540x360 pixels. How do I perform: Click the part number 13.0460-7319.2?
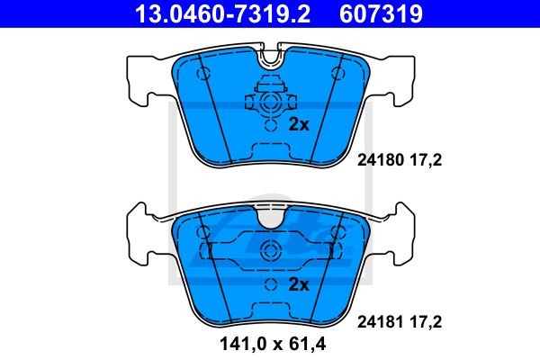(223, 13)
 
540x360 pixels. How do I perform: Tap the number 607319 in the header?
(381, 13)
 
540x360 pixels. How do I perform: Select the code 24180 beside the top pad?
(380, 160)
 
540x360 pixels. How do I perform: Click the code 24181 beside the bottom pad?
(380, 322)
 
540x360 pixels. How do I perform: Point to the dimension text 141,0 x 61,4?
(273, 344)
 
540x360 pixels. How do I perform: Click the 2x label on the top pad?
(299, 124)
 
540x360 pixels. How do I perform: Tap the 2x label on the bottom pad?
(299, 284)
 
